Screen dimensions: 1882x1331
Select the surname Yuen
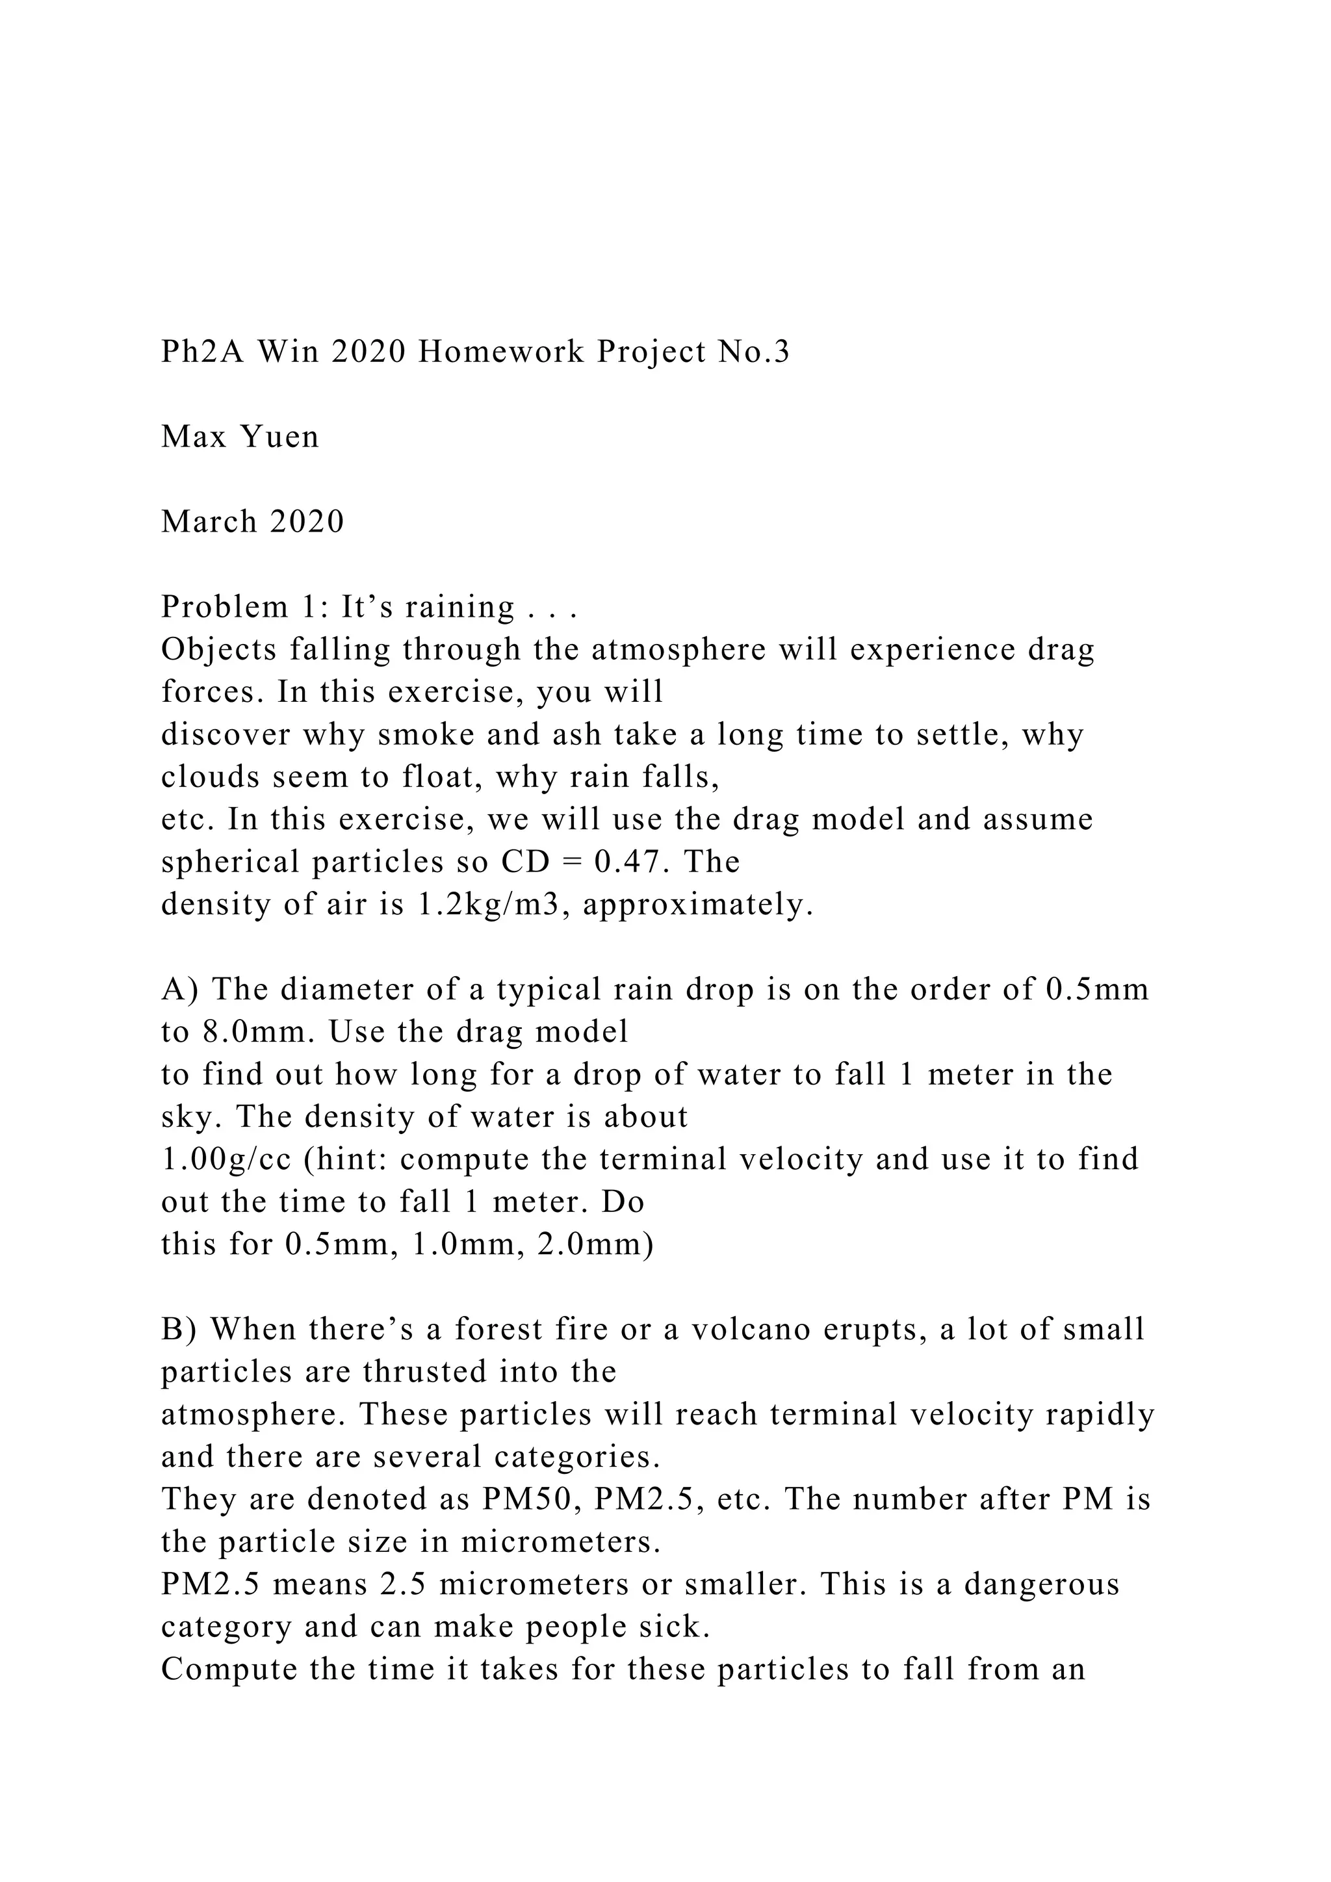(x=279, y=437)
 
